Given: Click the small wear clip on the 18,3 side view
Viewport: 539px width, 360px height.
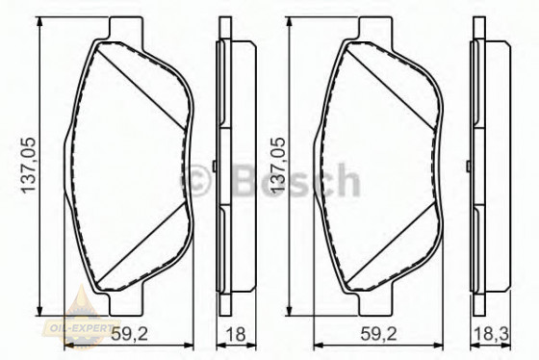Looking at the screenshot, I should [466, 167].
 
